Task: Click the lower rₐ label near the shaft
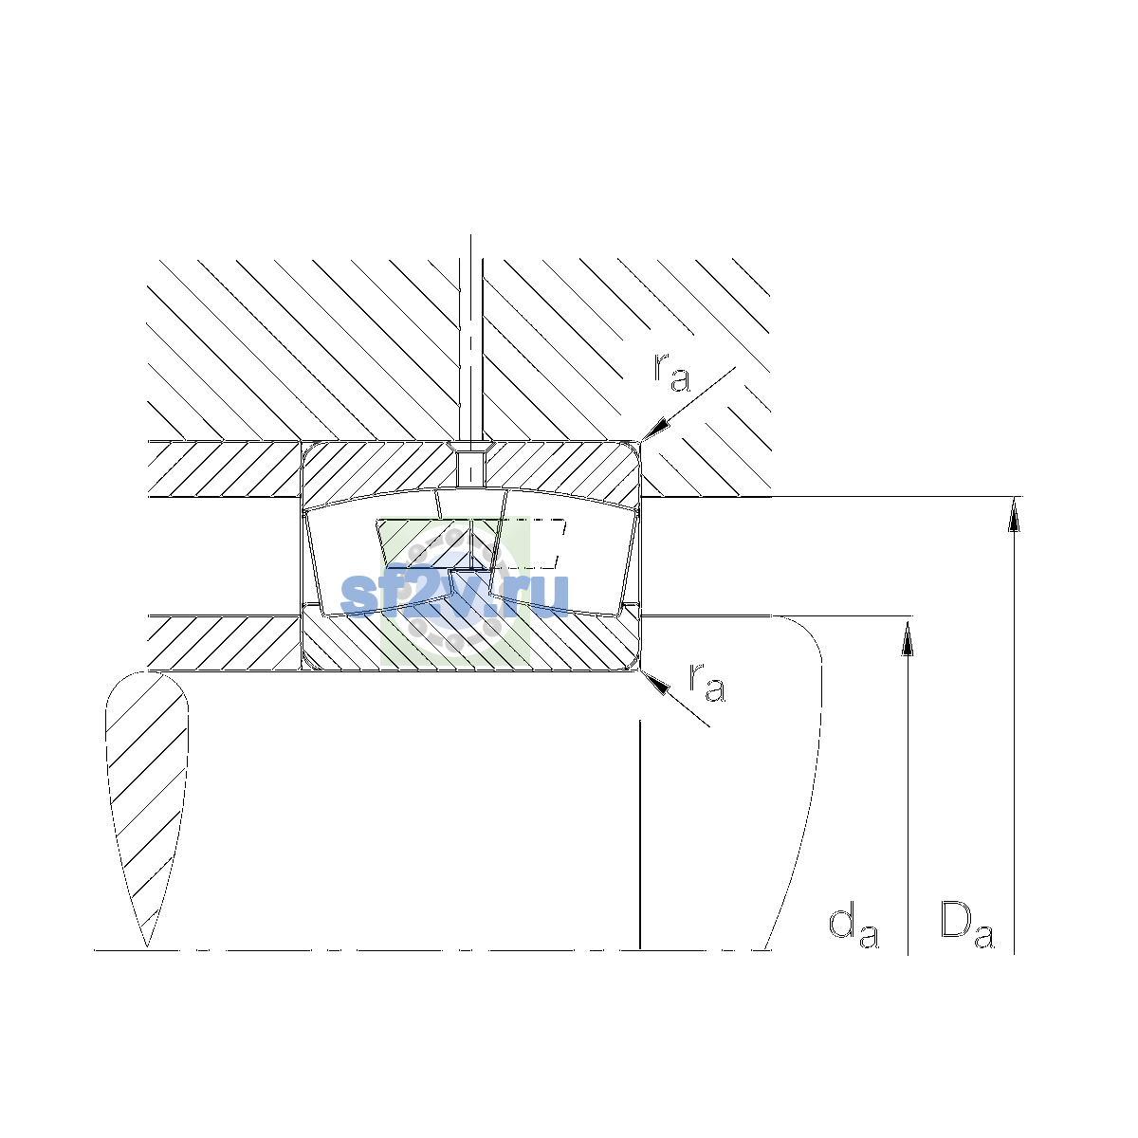pos(707,682)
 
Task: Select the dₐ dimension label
pos(853,927)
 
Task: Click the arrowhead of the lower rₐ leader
pos(655,682)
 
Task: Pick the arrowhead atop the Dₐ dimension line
pos(1014,514)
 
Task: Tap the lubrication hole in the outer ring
pos(470,468)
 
